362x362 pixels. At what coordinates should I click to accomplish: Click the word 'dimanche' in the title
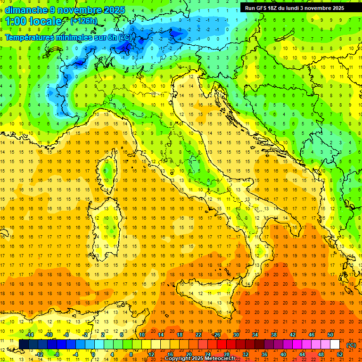26,10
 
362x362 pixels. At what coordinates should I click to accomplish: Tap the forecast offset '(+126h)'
83,21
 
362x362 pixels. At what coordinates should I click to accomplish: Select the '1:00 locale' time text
33,21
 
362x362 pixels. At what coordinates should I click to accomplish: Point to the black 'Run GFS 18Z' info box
294,8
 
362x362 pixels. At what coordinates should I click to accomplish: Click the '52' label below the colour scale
339,354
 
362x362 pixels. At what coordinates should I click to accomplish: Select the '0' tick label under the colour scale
94,354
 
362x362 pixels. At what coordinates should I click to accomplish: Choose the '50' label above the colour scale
330,335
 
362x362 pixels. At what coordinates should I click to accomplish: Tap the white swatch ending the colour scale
335,345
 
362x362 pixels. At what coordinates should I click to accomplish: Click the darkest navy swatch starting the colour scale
24,345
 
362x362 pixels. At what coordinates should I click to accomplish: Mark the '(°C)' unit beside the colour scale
351,345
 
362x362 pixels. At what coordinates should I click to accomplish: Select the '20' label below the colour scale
189,354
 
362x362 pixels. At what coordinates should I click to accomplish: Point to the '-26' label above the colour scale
216,335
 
